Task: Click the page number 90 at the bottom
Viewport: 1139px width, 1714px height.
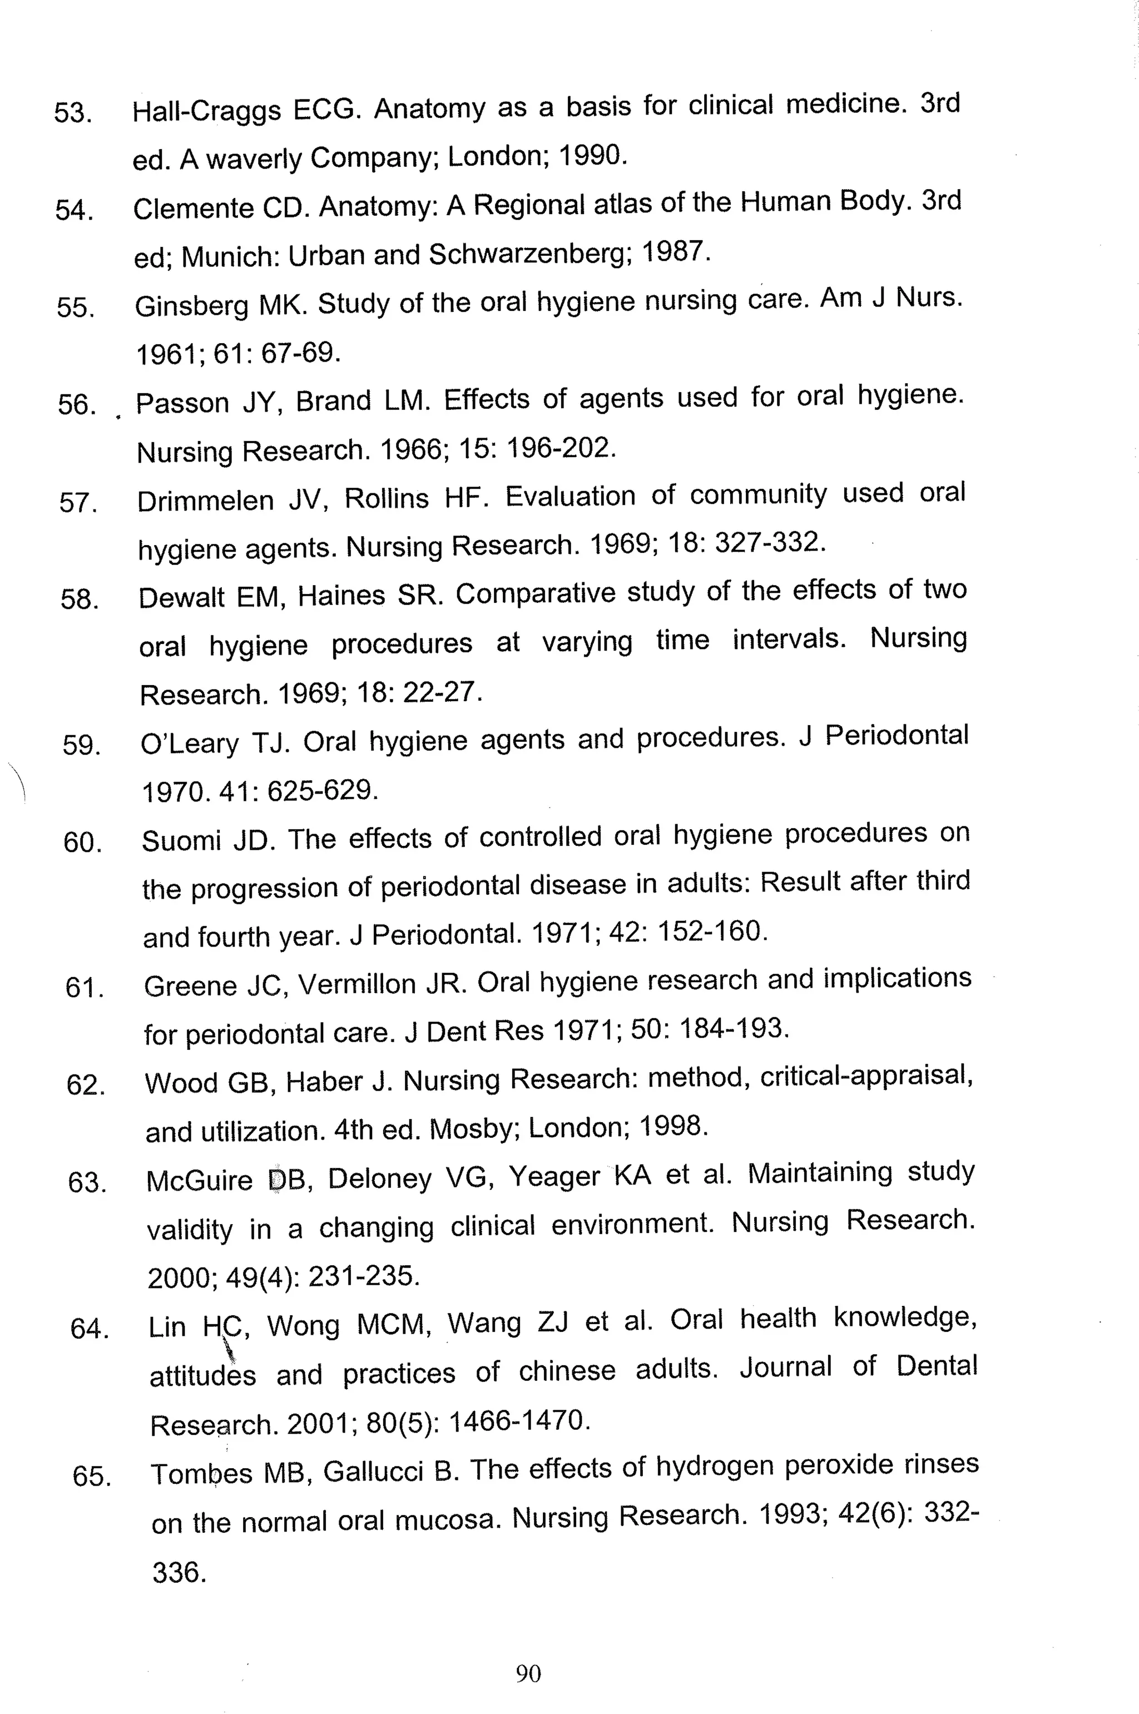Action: pos(528,1673)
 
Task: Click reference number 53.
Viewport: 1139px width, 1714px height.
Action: pos(73,113)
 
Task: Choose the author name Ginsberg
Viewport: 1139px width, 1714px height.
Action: pos(191,306)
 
